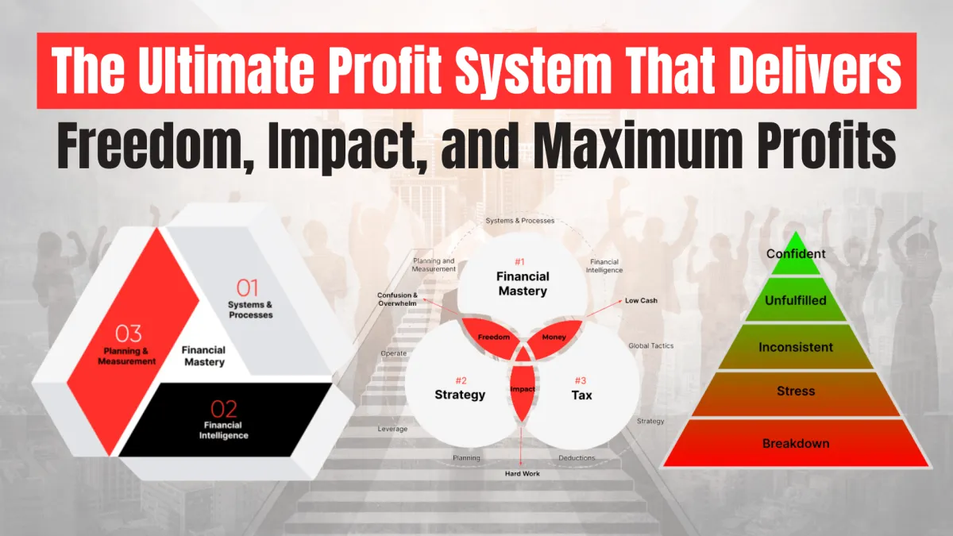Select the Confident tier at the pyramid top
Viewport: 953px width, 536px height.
[796, 254]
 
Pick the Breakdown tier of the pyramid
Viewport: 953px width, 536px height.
[796, 443]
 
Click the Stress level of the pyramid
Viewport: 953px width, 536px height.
[796, 391]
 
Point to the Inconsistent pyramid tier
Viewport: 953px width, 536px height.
[796, 347]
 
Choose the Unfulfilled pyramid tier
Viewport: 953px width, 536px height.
[796, 300]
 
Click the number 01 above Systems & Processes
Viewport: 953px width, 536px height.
[247, 288]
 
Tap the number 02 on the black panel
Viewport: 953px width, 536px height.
[223, 409]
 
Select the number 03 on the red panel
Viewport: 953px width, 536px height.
[128, 334]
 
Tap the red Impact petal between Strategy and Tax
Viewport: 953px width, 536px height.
[522, 388]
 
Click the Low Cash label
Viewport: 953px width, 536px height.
[641, 300]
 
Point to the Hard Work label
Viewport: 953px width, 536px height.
[522, 473]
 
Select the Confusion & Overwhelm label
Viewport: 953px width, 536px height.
[397, 299]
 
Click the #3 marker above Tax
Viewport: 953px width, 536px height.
[581, 380]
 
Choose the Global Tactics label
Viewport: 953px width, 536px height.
[651, 346]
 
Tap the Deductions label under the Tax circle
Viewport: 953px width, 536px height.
[577, 457]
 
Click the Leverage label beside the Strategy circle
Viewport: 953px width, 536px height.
[392, 429]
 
